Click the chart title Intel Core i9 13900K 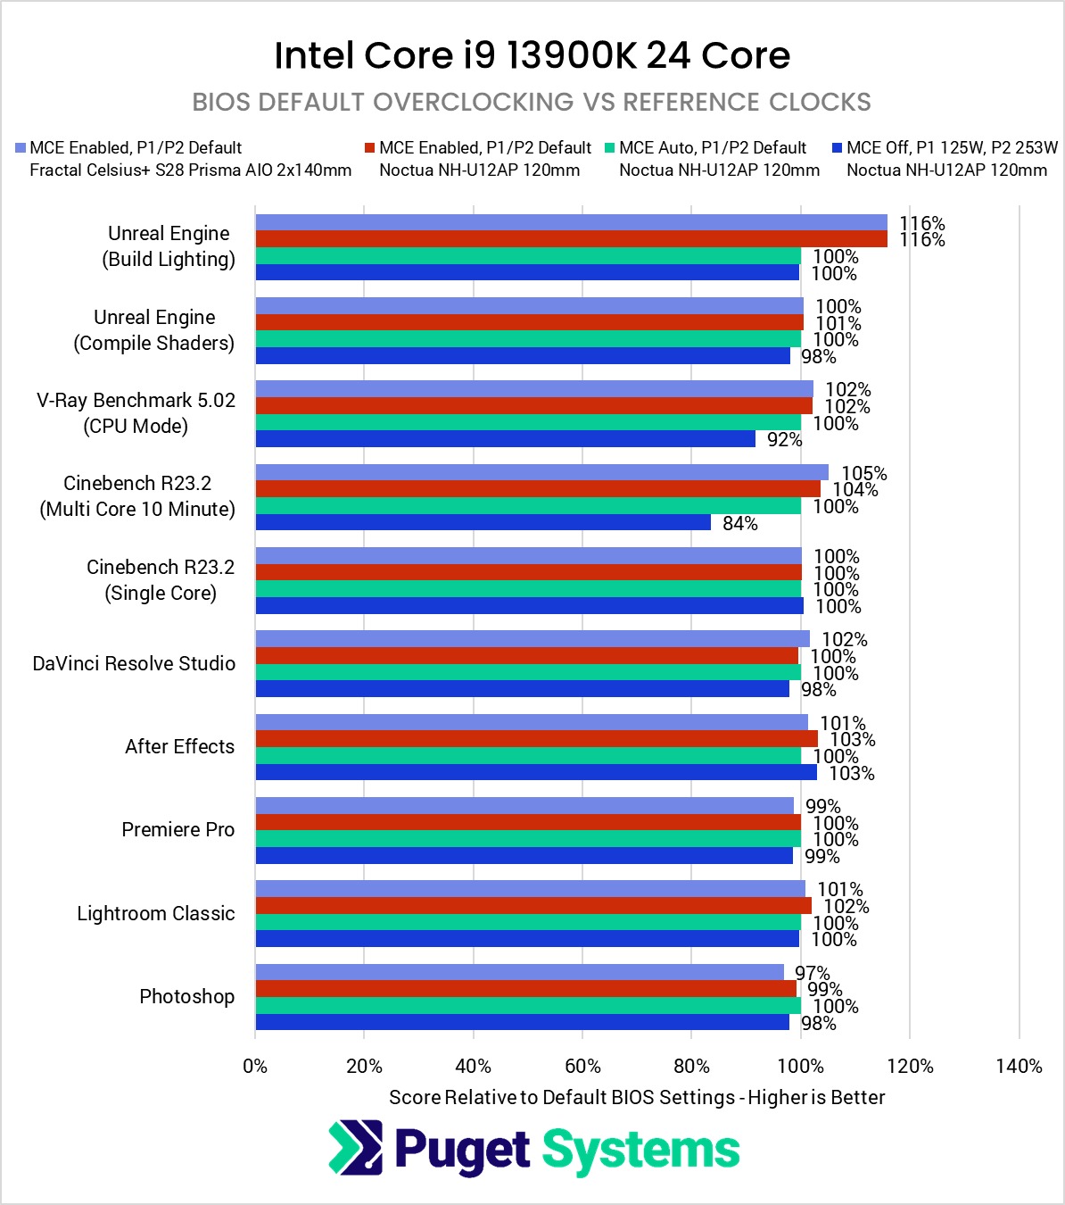tap(532, 55)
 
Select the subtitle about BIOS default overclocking tap(532, 102)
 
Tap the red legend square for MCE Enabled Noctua tap(369, 147)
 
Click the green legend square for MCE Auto tap(609, 147)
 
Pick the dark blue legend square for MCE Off tap(837, 147)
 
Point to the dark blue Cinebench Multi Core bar tap(483, 522)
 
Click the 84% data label tap(739, 523)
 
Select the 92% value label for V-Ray tap(784, 439)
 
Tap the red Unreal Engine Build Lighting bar tap(571, 239)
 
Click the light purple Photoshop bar tap(519, 972)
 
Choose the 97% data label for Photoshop tap(812, 972)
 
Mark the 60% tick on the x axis tap(582, 1066)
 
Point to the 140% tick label tap(1019, 1066)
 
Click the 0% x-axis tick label tap(255, 1066)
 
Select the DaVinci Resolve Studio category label tap(134, 663)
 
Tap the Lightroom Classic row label tap(155, 913)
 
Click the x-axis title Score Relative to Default tap(637, 1097)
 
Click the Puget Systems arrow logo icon tap(355, 1148)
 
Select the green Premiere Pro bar tap(528, 839)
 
